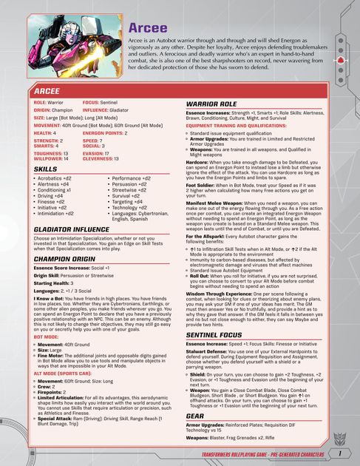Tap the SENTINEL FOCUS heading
pos(214,335)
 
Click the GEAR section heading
pos(195,415)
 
